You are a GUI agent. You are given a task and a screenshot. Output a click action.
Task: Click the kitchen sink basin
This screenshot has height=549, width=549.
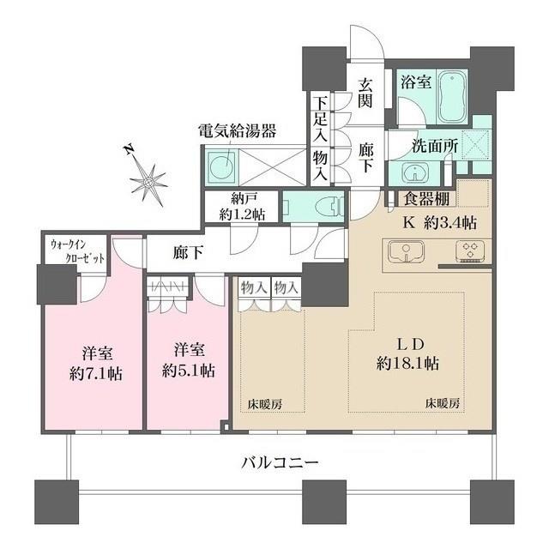[406, 251]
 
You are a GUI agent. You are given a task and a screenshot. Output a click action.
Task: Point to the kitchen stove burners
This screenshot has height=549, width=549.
[470, 250]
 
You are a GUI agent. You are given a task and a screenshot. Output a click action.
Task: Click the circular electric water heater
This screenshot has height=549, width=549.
[221, 164]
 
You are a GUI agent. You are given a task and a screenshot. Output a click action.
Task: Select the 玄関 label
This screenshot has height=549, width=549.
[365, 92]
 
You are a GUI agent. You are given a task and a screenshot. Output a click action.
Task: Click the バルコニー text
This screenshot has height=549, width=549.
[280, 463]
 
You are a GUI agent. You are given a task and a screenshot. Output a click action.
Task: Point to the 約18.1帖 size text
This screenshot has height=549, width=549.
[407, 364]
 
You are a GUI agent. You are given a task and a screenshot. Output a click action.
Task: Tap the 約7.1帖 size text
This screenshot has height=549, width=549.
[96, 374]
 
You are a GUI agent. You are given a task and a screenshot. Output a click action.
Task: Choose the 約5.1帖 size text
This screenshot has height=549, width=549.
[189, 371]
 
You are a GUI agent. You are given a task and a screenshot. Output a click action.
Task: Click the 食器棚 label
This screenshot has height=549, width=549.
[426, 198]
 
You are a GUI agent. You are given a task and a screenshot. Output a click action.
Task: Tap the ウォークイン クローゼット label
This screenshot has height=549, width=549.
[78, 251]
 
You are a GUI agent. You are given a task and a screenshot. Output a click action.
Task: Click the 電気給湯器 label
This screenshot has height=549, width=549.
[238, 131]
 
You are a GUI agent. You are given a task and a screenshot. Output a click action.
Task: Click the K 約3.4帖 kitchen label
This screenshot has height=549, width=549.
[440, 222]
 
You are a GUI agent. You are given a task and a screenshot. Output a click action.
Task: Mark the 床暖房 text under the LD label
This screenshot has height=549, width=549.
[443, 404]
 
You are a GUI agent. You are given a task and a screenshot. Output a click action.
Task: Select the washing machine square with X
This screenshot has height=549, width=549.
[476, 145]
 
